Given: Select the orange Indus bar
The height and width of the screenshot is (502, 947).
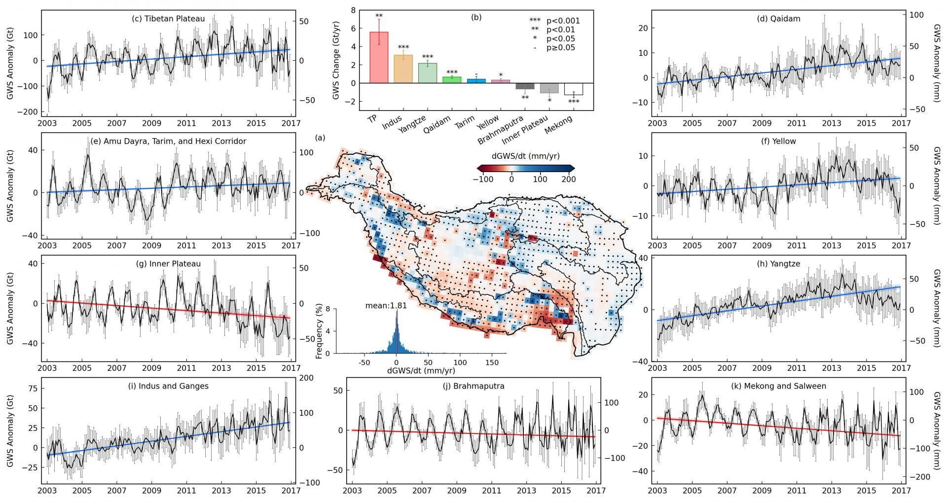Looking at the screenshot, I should (403, 69).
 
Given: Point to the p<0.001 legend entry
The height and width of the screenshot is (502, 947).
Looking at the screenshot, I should (554, 21).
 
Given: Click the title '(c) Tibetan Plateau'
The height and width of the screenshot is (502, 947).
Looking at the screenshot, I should (168, 19).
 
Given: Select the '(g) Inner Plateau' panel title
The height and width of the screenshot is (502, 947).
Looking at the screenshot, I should (168, 264).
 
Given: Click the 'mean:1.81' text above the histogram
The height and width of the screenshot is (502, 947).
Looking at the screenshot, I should (386, 306).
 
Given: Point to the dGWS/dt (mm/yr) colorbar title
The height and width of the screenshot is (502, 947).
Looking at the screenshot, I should (525, 155).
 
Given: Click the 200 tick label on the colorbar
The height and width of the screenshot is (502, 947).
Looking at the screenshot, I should (568, 179).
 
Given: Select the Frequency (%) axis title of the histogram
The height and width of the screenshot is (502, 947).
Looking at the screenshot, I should (319, 331).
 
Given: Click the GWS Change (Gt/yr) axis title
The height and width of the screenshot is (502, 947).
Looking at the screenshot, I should (336, 60).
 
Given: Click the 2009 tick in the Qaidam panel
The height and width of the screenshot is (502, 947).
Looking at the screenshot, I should (762, 123).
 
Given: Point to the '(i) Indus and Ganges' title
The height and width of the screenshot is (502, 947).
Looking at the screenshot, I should (168, 386).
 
